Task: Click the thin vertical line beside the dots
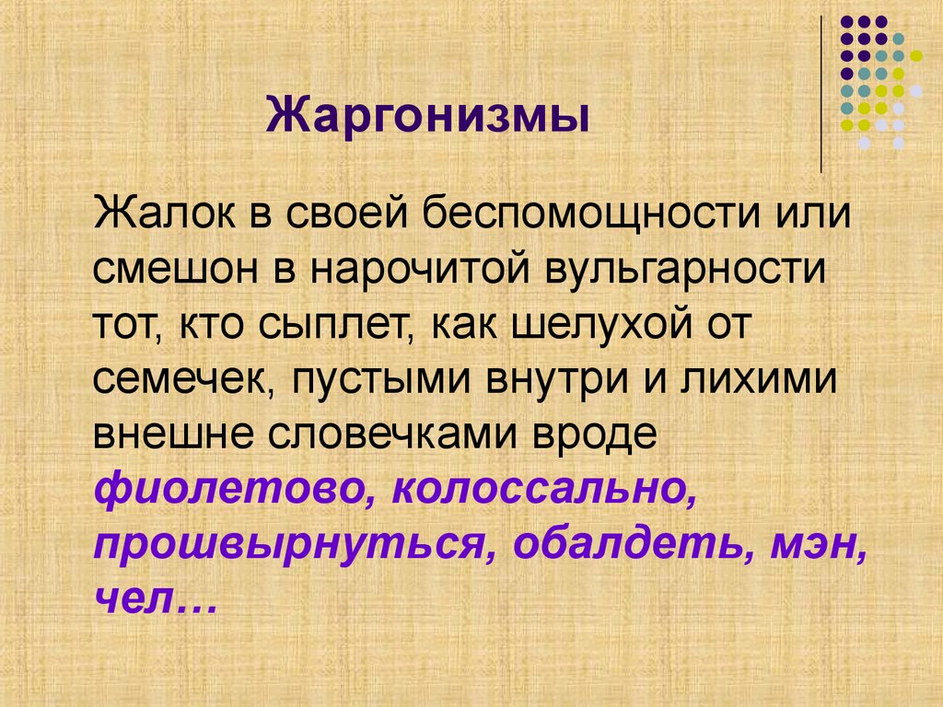click(821, 92)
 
